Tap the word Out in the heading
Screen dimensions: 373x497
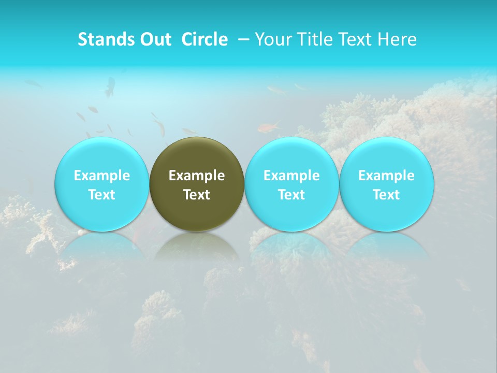(x=155, y=39)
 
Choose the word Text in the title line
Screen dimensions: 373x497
(x=353, y=39)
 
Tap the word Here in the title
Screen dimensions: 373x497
(x=396, y=39)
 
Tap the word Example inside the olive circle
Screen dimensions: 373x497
(x=197, y=176)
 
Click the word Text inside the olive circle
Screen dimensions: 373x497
(x=197, y=195)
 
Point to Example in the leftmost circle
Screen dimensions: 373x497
(x=101, y=176)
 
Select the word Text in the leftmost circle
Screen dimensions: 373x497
(x=101, y=195)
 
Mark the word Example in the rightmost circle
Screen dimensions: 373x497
(x=387, y=176)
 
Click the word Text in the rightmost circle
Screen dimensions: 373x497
(x=387, y=195)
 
